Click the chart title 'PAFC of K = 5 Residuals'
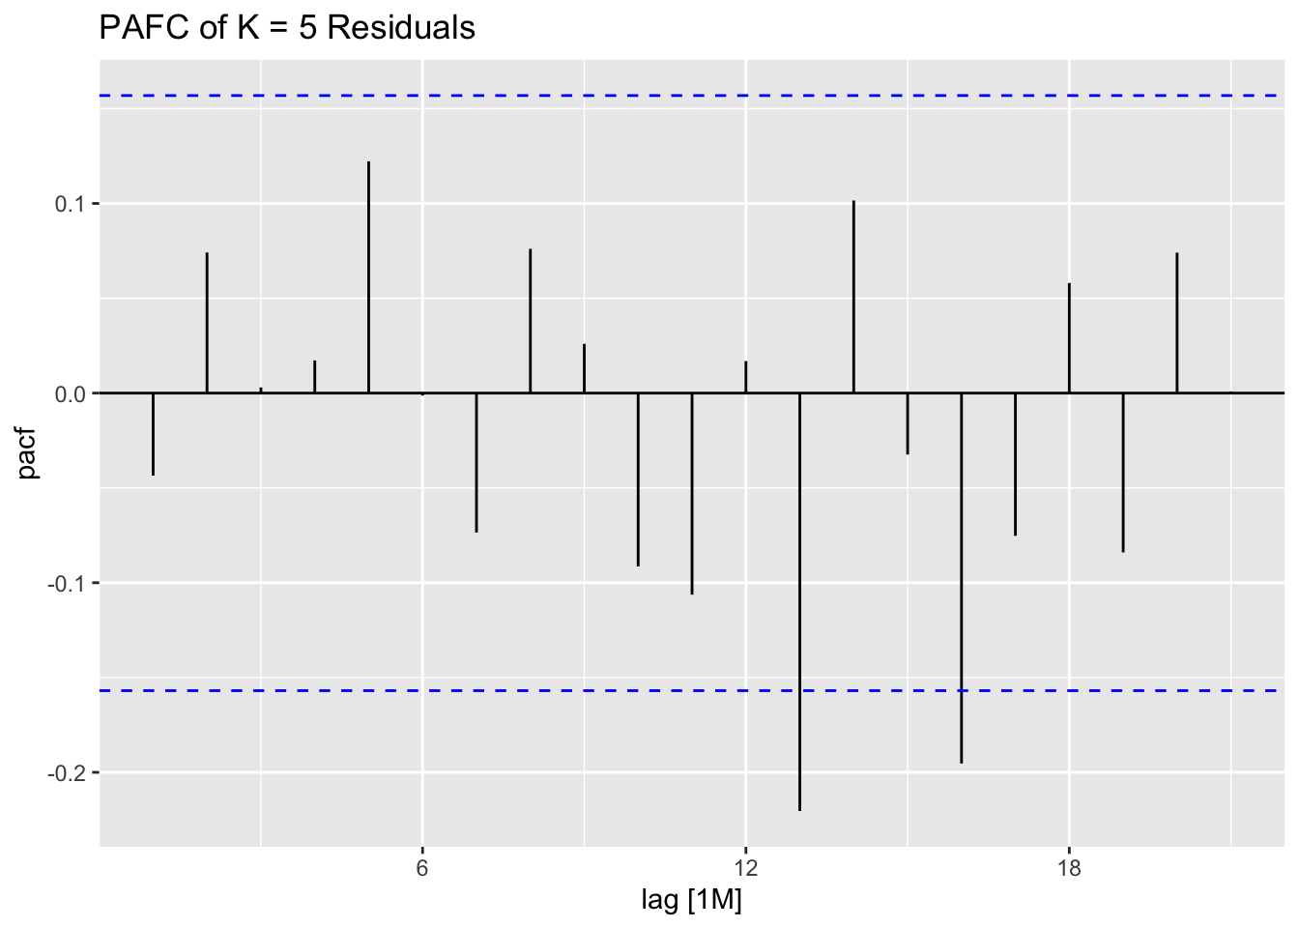pos(287,28)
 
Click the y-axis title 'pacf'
pos(28,454)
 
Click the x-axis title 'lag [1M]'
pos(691,901)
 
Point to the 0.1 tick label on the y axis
pos(72,204)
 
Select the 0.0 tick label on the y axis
pos(72,393)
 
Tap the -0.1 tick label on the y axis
pos(69,583)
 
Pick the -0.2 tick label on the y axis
pos(69,772)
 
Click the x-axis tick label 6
pos(422,866)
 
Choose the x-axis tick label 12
pos(745,866)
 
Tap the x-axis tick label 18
pos(1069,866)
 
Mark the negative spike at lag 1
pos(153,434)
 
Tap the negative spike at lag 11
pos(692,493)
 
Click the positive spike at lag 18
pos(1069,338)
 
